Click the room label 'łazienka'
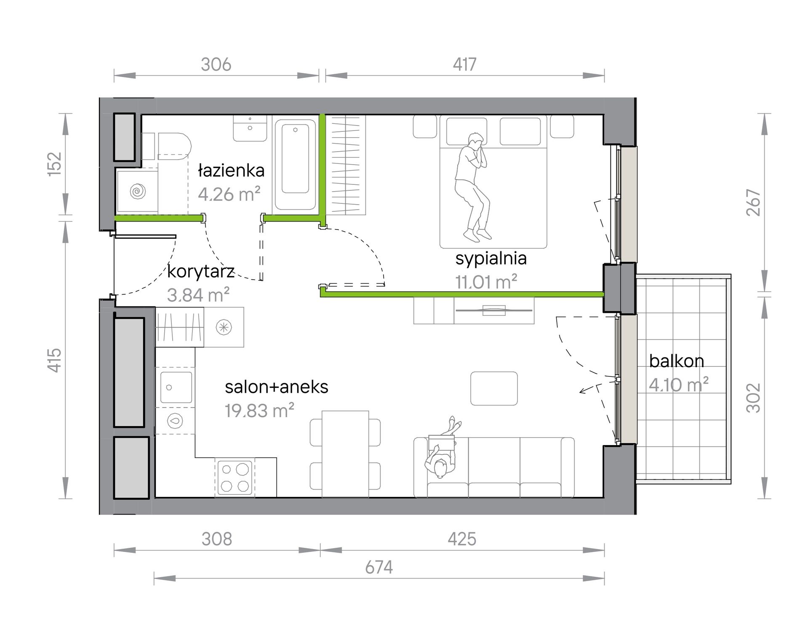tap(231, 171)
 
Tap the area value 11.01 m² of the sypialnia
tap(486, 282)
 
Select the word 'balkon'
tap(677, 361)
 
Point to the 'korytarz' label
tap(201, 272)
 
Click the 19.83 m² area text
tap(259, 411)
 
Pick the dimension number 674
tap(379, 568)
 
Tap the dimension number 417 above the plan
tap(464, 64)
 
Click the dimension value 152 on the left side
tap(55, 163)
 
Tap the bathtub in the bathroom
tap(296, 165)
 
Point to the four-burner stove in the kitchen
tap(235, 477)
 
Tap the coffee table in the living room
tap(494, 389)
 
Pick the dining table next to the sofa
tap(345, 454)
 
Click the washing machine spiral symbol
tap(137, 191)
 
